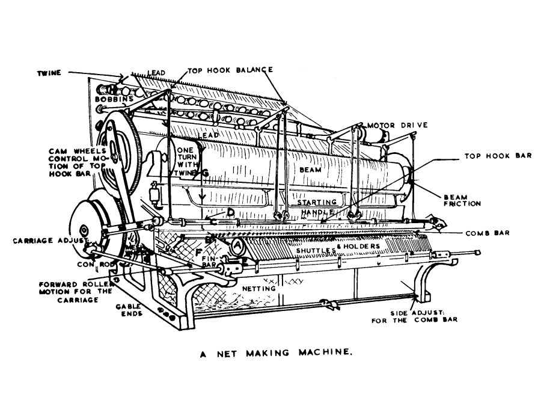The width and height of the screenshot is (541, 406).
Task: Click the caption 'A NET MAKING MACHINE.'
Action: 275,354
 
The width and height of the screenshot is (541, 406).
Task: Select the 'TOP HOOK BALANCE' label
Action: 230,70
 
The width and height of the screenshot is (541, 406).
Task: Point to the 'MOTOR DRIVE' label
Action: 398,125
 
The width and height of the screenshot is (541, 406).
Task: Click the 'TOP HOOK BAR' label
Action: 498,155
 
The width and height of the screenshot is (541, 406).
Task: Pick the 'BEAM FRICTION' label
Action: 462,200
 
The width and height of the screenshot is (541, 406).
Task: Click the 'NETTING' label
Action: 258,288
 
